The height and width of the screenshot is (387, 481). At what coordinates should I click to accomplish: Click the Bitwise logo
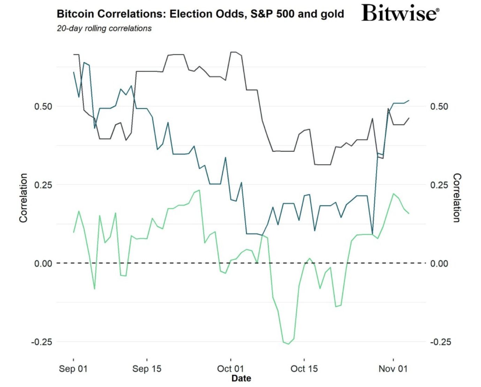click(x=400, y=13)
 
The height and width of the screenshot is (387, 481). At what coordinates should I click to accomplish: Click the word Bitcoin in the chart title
click(x=75, y=14)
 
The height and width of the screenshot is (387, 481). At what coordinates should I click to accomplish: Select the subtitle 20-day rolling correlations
click(x=104, y=29)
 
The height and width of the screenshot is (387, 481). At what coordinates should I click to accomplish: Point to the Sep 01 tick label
click(x=73, y=369)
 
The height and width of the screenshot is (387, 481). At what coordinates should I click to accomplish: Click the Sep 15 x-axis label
click(x=147, y=369)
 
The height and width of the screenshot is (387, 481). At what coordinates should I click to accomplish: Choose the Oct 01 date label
click(x=230, y=369)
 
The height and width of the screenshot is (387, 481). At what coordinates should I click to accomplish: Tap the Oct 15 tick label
click(x=304, y=369)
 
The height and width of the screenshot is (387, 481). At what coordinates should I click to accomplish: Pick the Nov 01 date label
click(x=393, y=369)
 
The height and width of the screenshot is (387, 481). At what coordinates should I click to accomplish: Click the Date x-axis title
click(x=241, y=378)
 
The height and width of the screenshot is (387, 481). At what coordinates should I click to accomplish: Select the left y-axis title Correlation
click(x=23, y=198)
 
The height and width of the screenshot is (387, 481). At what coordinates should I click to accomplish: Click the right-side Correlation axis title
click(x=457, y=198)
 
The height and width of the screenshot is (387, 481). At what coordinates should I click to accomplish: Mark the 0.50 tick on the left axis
click(x=43, y=106)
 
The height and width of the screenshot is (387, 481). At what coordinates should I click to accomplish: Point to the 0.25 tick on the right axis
click(x=439, y=185)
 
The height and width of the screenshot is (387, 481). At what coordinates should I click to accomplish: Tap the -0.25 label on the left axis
click(x=41, y=342)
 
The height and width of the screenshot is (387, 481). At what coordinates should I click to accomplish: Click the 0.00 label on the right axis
click(x=439, y=263)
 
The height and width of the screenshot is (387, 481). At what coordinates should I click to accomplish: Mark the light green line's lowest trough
click(x=288, y=344)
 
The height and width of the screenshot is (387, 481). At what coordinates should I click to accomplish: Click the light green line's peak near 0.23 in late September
click(x=199, y=190)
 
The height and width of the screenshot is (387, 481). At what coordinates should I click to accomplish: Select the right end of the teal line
click(x=409, y=100)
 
